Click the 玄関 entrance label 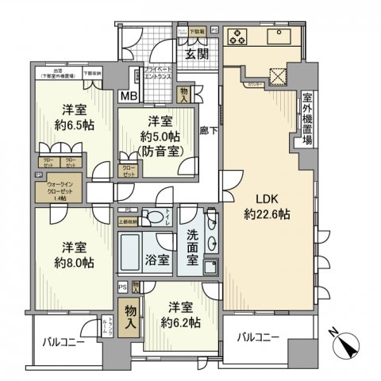196,54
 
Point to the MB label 128,97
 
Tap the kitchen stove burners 239,35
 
